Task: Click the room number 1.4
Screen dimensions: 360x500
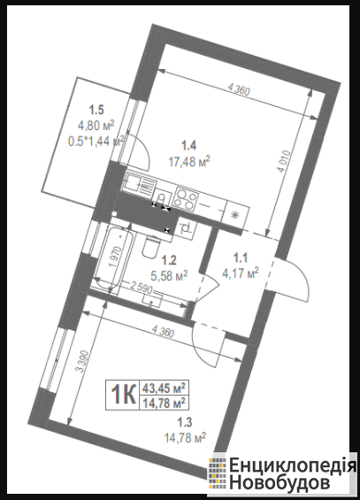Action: coord(189,146)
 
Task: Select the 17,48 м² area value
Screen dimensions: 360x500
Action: coord(189,161)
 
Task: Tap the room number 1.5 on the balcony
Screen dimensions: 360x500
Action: coord(96,111)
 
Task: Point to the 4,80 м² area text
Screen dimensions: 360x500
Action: coord(96,126)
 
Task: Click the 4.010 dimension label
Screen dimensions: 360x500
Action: coord(285,161)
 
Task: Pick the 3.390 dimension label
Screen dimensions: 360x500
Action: coord(80,361)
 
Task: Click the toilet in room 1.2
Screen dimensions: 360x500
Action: coord(151,246)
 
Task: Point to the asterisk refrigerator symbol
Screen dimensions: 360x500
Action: coord(234,215)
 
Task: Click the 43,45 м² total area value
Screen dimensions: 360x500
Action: coord(164,388)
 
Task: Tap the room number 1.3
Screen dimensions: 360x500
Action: coord(185,423)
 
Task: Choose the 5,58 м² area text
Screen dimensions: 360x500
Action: coord(169,276)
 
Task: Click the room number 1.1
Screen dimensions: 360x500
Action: coord(241,258)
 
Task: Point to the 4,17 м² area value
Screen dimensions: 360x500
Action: coord(241,273)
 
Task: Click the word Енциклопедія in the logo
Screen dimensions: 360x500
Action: coord(293,466)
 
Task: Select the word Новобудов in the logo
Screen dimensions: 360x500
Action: coord(280,482)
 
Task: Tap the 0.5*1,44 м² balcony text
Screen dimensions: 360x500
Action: coord(96,141)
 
